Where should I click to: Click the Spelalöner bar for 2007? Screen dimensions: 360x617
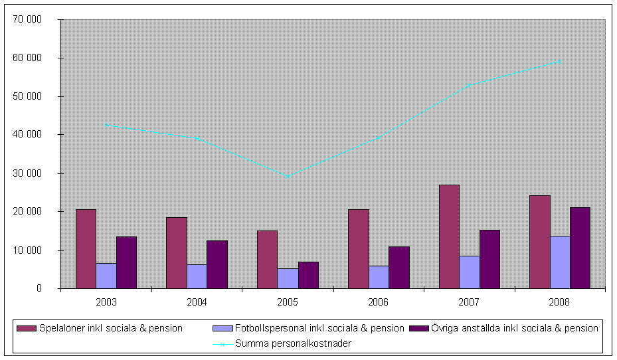click(449, 236)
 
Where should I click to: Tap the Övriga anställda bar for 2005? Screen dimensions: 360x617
click(308, 275)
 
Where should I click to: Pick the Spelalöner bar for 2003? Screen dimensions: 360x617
click(86, 249)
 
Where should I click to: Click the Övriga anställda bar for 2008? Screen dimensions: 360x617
click(580, 248)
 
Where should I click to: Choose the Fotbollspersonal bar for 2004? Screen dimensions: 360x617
click(197, 276)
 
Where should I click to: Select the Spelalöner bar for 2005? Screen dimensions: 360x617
click(267, 260)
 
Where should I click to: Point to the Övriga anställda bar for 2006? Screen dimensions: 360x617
click(398, 268)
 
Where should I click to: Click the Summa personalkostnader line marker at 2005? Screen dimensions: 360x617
click(288, 176)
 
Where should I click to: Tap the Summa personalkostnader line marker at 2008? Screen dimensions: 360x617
click(560, 62)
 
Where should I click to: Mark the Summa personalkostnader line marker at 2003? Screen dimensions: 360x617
click(106, 125)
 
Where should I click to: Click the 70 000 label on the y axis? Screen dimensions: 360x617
click(28, 19)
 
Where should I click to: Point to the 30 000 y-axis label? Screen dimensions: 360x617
click(28, 173)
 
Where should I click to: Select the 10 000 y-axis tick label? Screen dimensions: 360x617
click(28, 250)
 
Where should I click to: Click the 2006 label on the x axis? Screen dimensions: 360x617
click(379, 302)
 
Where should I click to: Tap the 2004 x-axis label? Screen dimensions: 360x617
click(197, 302)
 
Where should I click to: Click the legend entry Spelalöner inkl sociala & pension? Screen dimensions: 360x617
click(110, 328)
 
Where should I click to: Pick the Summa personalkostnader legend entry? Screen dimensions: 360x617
click(293, 343)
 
